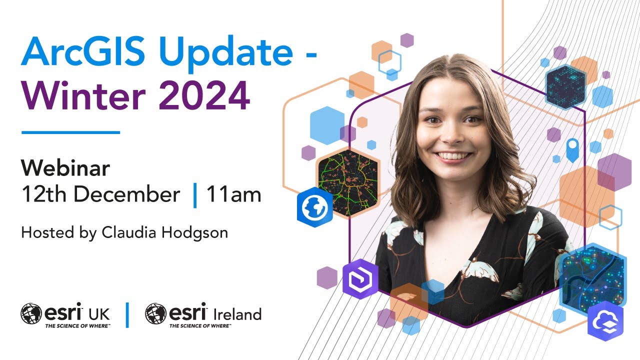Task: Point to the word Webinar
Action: (65, 169)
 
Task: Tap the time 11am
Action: (233, 194)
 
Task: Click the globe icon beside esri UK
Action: (31, 314)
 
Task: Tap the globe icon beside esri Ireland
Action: (155, 314)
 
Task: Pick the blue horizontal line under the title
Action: (70, 132)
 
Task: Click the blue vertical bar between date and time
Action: (195, 195)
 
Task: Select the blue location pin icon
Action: (572, 148)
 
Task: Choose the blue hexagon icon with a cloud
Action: (605, 321)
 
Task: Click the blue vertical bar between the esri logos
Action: (127, 314)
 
